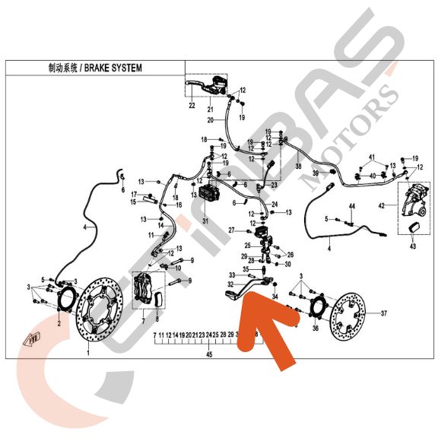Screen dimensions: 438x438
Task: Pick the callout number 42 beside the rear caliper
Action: tap(382, 206)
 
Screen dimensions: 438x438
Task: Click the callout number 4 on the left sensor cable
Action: tap(86, 227)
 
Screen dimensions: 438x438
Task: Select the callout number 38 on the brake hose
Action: tap(298, 166)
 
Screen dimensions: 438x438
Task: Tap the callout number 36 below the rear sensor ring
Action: tap(314, 328)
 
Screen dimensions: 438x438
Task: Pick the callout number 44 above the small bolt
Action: tap(351, 207)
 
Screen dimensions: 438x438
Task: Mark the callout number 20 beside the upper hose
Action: tap(210, 120)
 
